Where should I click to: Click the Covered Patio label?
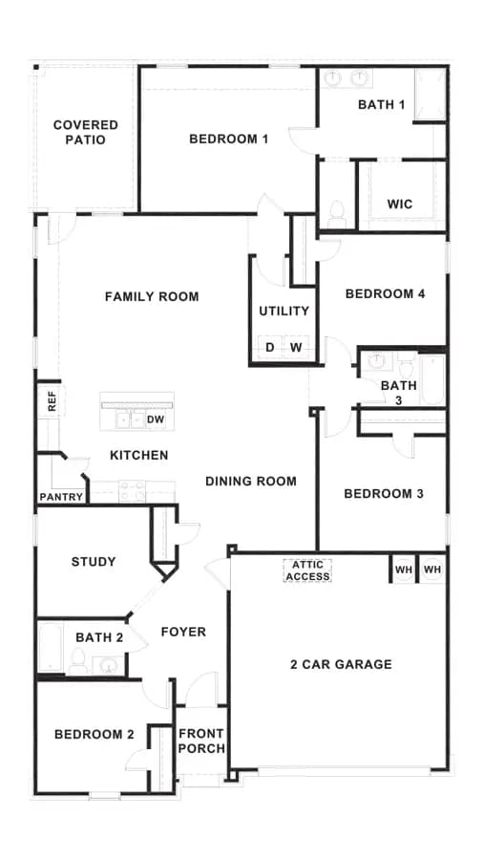pyautogui.click(x=85, y=132)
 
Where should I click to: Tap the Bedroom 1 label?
pyautogui.click(x=228, y=139)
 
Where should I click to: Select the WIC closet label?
pyautogui.click(x=400, y=204)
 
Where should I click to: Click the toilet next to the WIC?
pyautogui.click(x=337, y=214)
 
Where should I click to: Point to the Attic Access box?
pyautogui.click(x=307, y=570)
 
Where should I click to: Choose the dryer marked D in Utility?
pyautogui.click(x=270, y=347)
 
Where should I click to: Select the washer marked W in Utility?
pyautogui.click(x=296, y=347)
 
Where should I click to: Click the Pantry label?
pyautogui.click(x=61, y=498)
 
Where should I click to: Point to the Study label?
pyautogui.click(x=94, y=562)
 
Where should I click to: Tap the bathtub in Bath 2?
pyautogui.click(x=51, y=647)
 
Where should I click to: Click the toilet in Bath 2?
pyautogui.click(x=77, y=661)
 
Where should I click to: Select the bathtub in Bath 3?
pyautogui.click(x=432, y=379)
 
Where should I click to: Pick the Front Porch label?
pyautogui.click(x=201, y=741)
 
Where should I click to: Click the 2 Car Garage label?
pyautogui.click(x=341, y=665)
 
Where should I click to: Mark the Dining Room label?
pyautogui.click(x=251, y=481)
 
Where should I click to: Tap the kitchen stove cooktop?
pyautogui.click(x=133, y=491)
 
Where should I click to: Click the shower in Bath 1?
pyautogui.click(x=430, y=94)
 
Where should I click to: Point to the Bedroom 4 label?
pyautogui.click(x=385, y=294)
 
